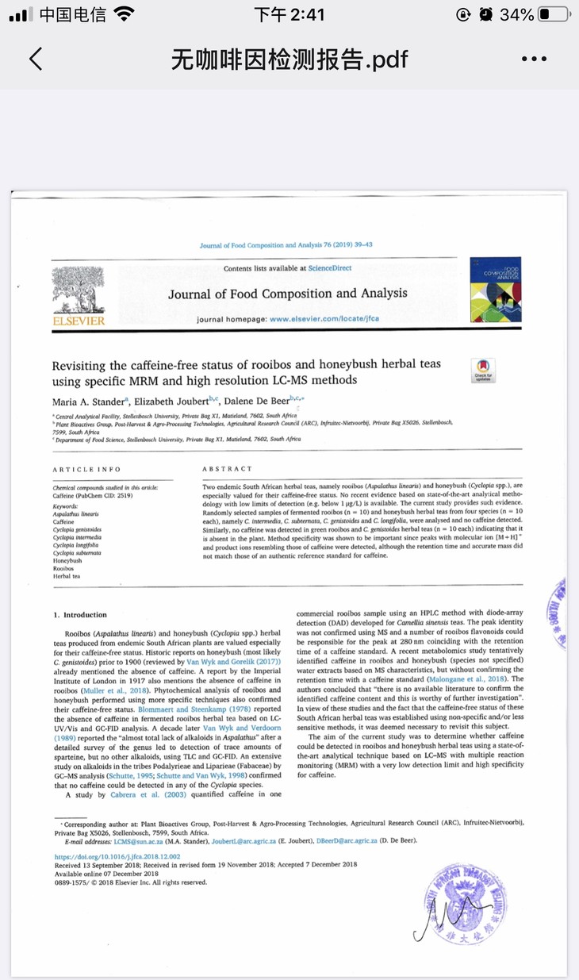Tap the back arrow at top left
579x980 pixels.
[36, 59]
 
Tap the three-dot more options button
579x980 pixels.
[535, 59]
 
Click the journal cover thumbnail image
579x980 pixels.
[495, 289]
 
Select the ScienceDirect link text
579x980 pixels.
[330, 269]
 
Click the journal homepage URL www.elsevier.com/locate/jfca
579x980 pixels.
[324, 318]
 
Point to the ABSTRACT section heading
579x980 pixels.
[228, 470]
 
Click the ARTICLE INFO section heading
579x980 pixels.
[86, 470]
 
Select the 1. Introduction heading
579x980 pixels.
[79, 614]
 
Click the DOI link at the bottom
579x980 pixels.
[117, 857]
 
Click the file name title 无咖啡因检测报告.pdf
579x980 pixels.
[289, 59]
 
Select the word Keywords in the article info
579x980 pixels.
[65, 506]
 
